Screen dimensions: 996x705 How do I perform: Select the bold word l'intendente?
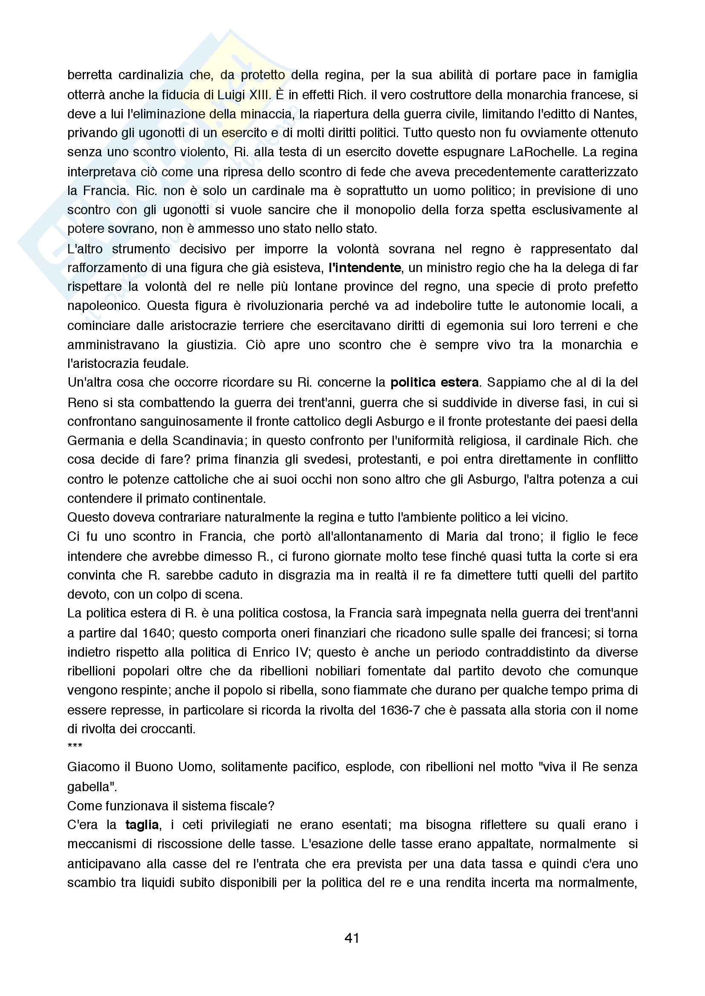tap(365, 268)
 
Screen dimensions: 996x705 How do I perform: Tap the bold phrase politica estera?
tap(434, 382)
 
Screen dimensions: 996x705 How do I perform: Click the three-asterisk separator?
tap(75, 746)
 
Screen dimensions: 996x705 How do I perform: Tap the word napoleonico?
tap(104, 306)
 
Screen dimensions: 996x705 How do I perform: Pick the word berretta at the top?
tap(90, 75)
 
